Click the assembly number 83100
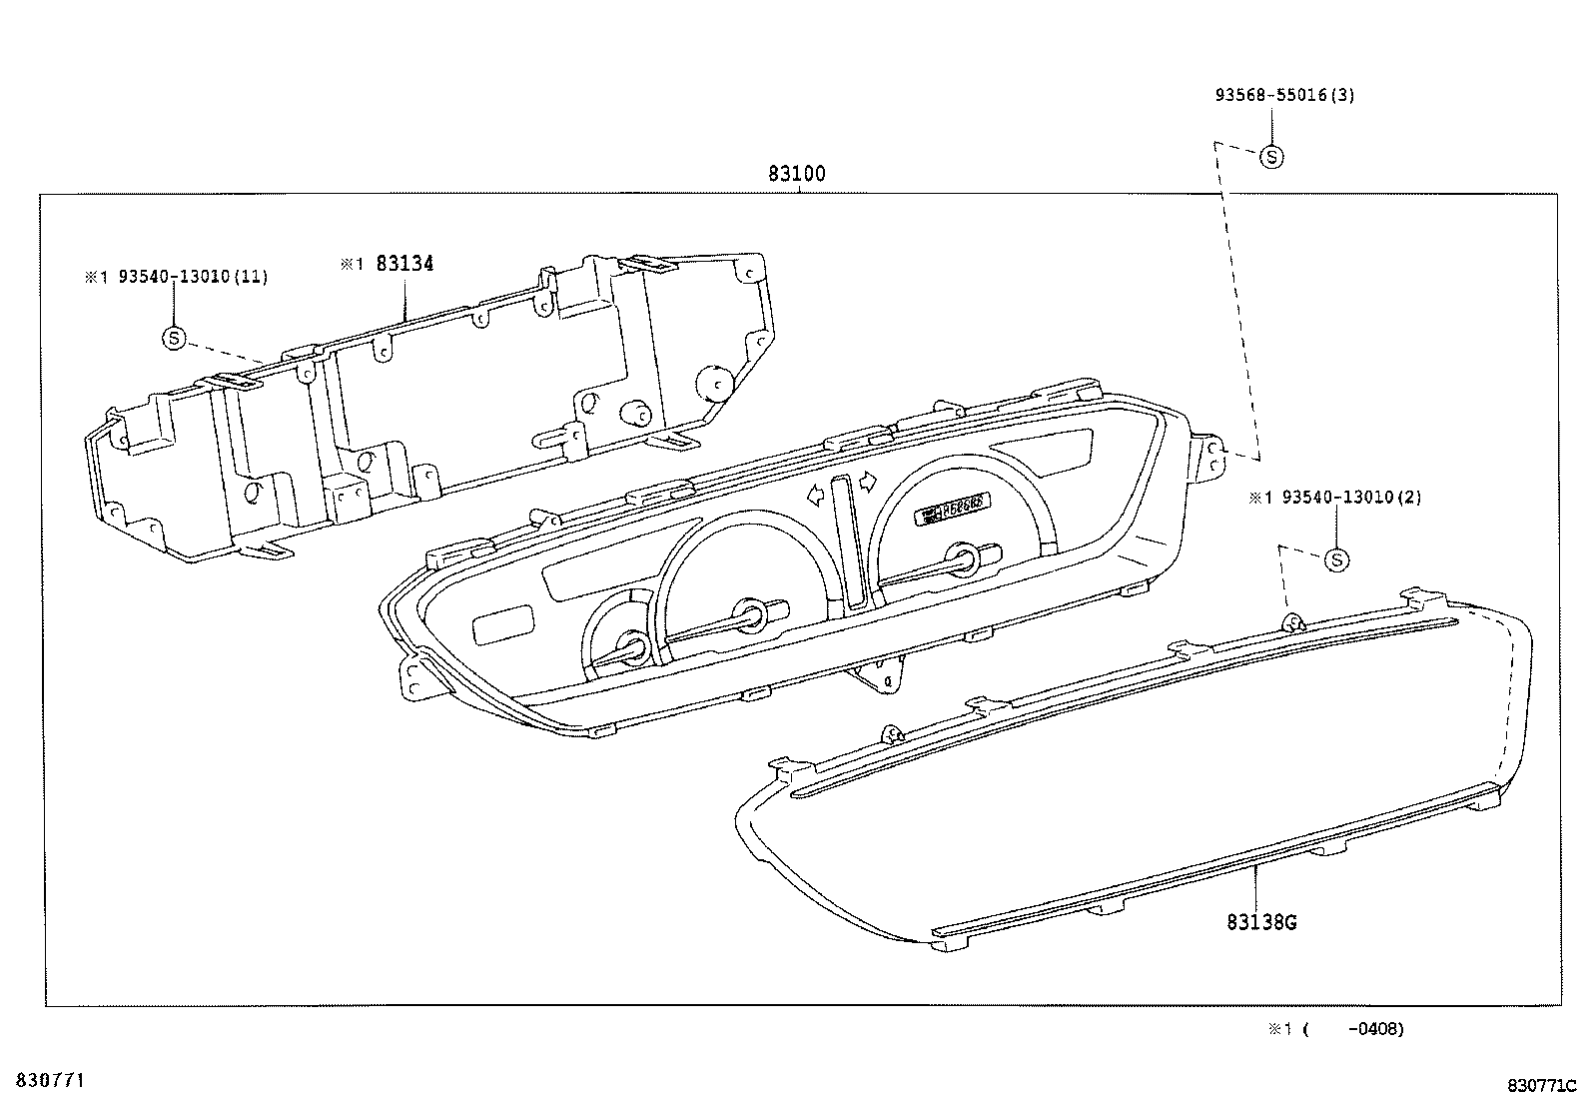click(x=796, y=174)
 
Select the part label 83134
click(x=404, y=264)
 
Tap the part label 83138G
click(x=1261, y=922)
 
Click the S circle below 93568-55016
click(x=1271, y=156)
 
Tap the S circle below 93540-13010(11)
click(x=174, y=339)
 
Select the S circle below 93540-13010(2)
click(x=1336, y=559)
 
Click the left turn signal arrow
click(x=816, y=493)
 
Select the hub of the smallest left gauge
click(x=633, y=646)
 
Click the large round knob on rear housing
click(x=715, y=380)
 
